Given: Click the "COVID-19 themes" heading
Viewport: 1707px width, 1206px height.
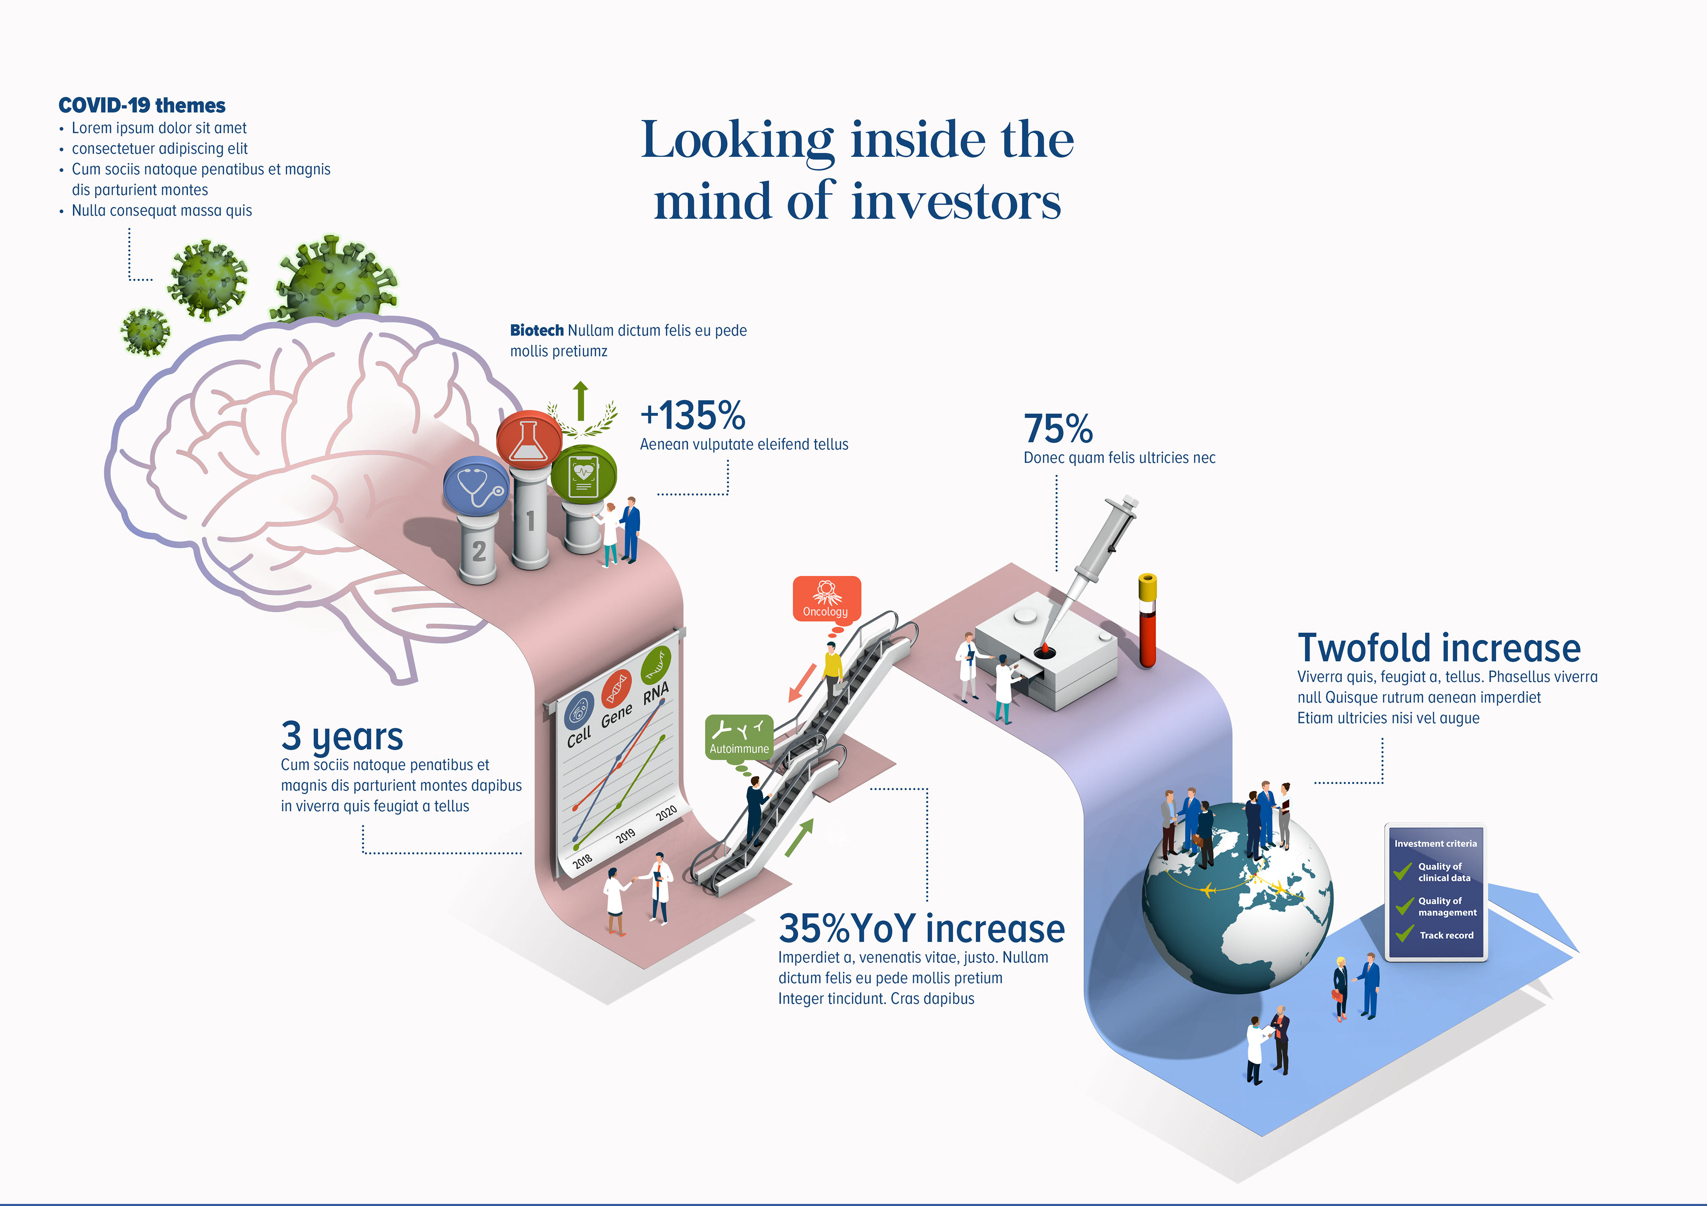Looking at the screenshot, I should point(142,106).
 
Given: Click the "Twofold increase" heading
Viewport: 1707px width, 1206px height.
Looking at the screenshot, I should point(1439,648).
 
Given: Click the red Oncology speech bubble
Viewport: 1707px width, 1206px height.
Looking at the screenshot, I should point(826,598).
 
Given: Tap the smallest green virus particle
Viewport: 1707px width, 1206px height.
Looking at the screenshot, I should point(145,331).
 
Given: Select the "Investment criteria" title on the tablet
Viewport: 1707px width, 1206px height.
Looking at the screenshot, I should point(1435,844).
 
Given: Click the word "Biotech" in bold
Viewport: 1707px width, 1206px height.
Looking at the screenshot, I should point(537,330).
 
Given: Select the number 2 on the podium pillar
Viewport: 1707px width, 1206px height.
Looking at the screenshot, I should point(479,551).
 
